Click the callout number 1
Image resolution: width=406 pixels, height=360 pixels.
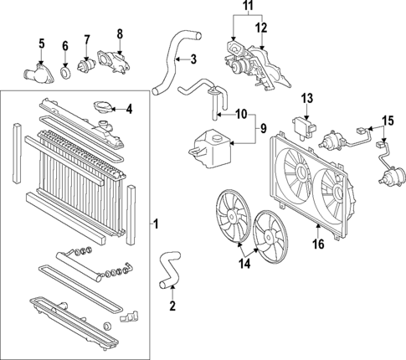click(155, 224)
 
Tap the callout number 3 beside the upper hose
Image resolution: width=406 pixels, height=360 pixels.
click(193, 59)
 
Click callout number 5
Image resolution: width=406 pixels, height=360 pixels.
click(40, 44)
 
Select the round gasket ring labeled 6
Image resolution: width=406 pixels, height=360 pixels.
click(65, 75)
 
